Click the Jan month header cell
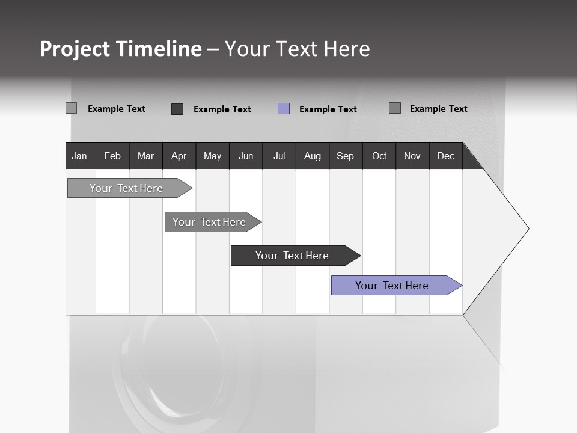point(79,156)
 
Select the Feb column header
point(112,156)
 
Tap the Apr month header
point(179,156)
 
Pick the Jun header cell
point(246,156)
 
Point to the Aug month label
point(312,156)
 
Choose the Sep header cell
point(345,156)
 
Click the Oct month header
point(379,156)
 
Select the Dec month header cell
point(445,156)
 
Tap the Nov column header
point(412,156)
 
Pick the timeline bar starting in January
point(127,188)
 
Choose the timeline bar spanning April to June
point(210,222)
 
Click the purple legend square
point(284,109)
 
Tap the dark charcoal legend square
point(177,109)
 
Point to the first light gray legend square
point(71,108)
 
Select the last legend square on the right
point(395,108)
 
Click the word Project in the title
point(75,49)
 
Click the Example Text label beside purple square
point(328,109)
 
